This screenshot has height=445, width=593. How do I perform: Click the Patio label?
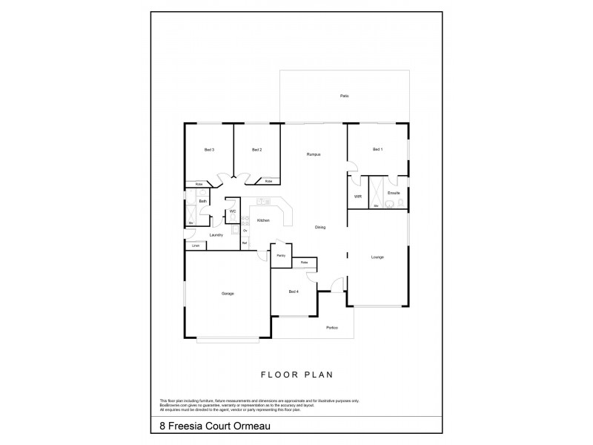(x=344, y=96)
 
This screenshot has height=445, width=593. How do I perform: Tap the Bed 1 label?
(x=377, y=150)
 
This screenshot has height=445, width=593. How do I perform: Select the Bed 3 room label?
(x=209, y=150)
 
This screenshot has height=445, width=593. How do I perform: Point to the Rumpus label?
(x=314, y=154)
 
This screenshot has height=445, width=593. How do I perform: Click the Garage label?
(x=228, y=294)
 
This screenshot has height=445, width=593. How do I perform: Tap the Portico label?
(x=331, y=328)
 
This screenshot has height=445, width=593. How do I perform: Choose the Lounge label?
(x=377, y=257)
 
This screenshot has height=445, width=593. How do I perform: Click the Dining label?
(x=320, y=227)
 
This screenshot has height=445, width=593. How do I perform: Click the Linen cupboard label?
(x=196, y=245)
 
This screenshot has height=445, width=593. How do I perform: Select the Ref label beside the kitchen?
(x=245, y=243)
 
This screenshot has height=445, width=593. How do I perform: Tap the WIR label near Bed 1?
(x=358, y=197)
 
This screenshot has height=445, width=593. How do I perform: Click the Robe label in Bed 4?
(x=305, y=263)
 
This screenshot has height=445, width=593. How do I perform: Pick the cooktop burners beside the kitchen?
(x=245, y=221)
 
